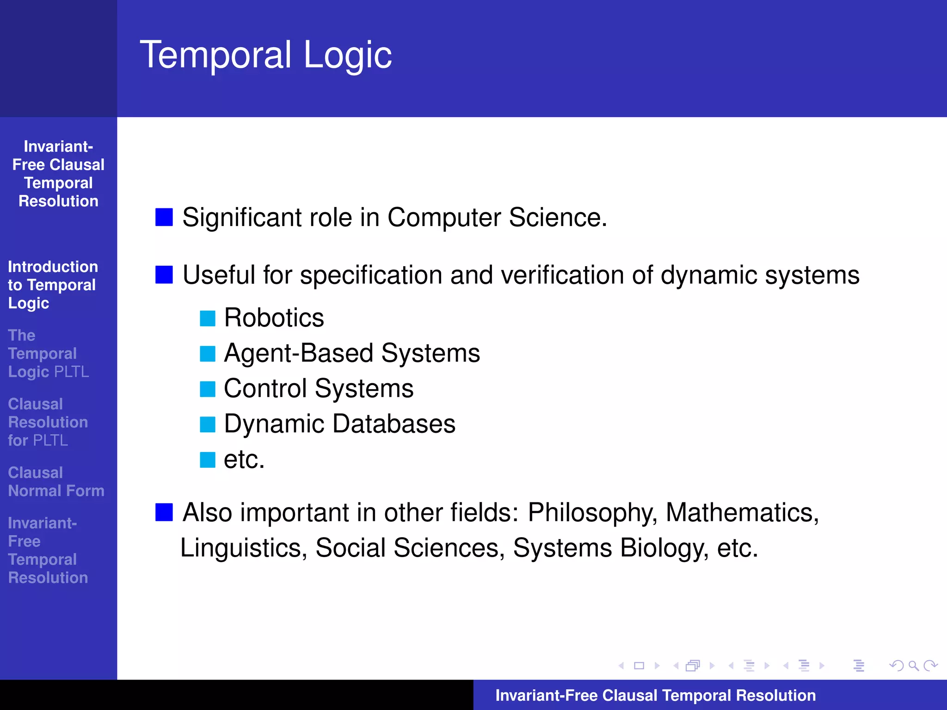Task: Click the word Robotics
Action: [x=274, y=318]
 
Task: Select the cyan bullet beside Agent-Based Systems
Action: [x=208, y=354]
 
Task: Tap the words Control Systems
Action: [x=319, y=389]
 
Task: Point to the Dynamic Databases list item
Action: [x=339, y=424]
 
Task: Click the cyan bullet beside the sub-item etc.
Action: [x=208, y=460]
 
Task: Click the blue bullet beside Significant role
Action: [x=164, y=217]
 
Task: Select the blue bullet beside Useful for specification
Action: [x=164, y=275]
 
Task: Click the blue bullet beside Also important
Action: [x=164, y=512]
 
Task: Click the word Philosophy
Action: [x=592, y=513]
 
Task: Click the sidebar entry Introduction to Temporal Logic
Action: [x=53, y=285]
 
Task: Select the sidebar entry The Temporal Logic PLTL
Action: [x=48, y=354]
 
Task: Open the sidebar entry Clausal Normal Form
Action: [x=56, y=482]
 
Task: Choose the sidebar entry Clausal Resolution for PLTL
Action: [x=48, y=422]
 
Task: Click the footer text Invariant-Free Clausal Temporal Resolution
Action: [x=655, y=696]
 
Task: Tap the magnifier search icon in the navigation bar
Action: [x=913, y=666]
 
